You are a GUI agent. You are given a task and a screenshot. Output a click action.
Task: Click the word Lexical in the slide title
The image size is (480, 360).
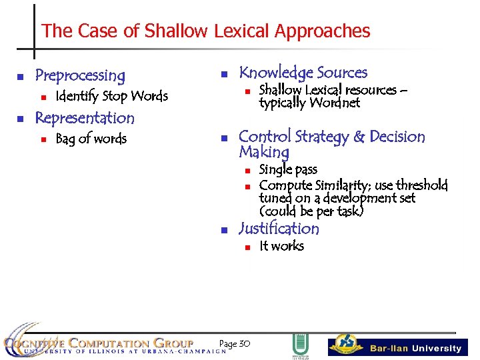(x=242, y=31)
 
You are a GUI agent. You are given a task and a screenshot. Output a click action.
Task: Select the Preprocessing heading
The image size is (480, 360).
(x=80, y=75)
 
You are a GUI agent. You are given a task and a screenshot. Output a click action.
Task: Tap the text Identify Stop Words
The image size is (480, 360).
(x=111, y=96)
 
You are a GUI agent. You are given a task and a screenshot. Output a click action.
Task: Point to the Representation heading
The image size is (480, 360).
(x=85, y=118)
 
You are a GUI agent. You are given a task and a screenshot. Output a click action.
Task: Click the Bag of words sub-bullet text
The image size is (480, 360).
(x=91, y=139)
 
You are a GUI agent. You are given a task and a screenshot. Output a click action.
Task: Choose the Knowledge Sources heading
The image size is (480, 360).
(x=303, y=73)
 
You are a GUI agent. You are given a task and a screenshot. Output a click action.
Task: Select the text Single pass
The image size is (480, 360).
(x=288, y=169)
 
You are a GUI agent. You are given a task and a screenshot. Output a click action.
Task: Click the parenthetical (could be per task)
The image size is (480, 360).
(x=311, y=211)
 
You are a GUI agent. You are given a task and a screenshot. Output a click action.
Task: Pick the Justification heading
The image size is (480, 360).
(x=279, y=229)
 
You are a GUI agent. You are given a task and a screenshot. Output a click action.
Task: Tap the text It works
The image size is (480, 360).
(x=281, y=246)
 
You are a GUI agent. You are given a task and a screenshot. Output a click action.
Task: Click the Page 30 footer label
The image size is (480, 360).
(x=234, y=343)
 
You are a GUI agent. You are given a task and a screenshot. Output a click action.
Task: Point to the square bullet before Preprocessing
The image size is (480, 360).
(x=20, y=76)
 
